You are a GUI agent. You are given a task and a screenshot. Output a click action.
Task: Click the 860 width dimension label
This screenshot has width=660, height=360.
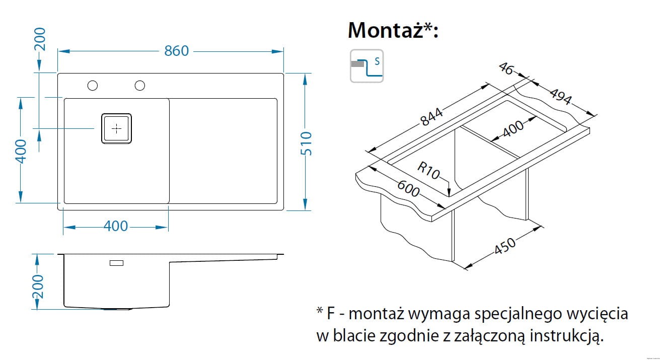coord(176,51)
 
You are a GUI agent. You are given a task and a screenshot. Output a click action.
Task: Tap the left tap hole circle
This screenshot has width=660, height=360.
coord(92,86)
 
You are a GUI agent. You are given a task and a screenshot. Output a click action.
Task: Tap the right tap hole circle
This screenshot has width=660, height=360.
coord(139,86)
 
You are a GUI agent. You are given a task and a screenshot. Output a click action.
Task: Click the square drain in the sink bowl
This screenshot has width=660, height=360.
coord(117,129)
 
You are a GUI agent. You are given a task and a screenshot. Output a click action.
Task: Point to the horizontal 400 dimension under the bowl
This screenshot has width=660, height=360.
coord(116,227)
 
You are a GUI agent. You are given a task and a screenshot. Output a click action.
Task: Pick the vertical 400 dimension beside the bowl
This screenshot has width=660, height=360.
coord(21,151)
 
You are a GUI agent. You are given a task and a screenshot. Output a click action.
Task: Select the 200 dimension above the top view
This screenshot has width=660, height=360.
coord(40,39)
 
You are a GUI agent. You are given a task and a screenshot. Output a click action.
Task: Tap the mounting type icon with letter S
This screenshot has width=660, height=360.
coord(366,66)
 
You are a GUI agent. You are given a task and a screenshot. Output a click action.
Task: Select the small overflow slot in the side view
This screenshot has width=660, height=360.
coord(117,263)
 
